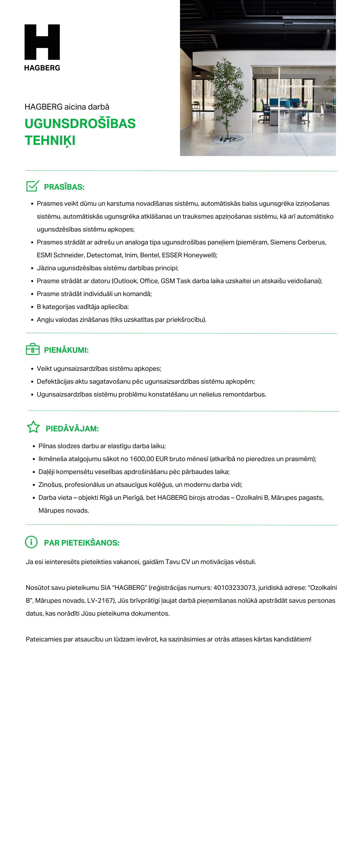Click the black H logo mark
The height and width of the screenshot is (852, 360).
(42, 42)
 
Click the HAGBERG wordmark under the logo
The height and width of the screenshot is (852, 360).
(42, 68)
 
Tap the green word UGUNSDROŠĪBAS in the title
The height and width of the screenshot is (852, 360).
(80, 124)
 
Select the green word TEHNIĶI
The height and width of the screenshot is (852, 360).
(50, 140)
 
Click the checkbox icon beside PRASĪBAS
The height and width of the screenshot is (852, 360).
(32, 186)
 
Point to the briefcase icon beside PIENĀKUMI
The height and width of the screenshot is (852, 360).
(32, 349)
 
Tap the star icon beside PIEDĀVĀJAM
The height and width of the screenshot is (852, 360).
(33, 427)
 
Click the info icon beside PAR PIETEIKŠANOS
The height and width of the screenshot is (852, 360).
(31, 542)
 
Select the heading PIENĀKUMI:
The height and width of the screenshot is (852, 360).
(66, 350)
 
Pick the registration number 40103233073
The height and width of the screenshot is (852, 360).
(234, 587)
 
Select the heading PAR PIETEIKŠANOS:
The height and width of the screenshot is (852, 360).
(82, 543)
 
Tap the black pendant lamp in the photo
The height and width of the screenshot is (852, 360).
(198, 74)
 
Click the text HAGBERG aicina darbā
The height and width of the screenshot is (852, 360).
(67, 107)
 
